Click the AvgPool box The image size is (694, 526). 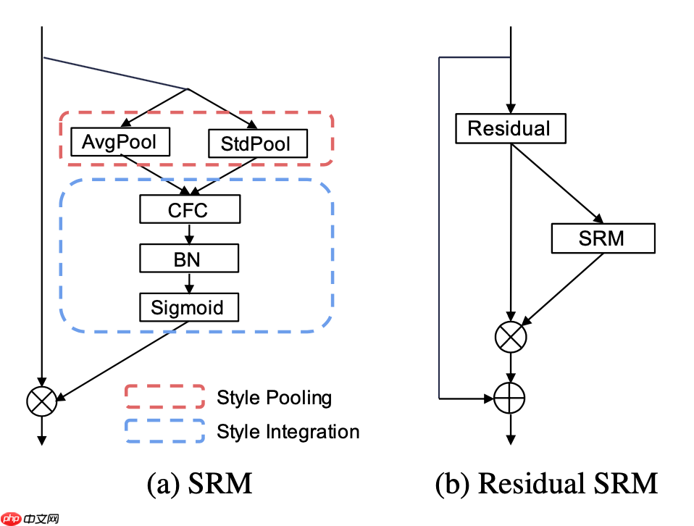[x=120, y=142]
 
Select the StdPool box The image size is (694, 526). [x=258, y=143]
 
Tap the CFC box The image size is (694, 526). [x=190, y=210]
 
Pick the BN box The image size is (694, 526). [x=190, y=259]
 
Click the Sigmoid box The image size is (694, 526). [x=190, y=307]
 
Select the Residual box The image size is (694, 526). [x=510, y=129]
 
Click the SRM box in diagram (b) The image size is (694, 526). [x=603, y=238]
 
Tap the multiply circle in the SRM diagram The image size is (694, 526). [x=41, y=401]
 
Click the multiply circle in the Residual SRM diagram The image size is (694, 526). [x=511, y=335]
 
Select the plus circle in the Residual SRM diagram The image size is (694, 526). [x=511, y=398]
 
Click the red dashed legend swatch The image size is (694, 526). [x=164, y=397]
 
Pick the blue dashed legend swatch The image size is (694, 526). [x=164, y=431]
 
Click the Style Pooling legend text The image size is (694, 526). [x=274, y=398]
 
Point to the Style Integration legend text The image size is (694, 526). [x=288, y=432]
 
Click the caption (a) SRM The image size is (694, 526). [x=199, y=483]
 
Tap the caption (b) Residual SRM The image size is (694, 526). [x=546, y=483]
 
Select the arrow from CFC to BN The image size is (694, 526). [x=190, y=233]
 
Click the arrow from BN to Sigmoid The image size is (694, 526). [x=190, y=282]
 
